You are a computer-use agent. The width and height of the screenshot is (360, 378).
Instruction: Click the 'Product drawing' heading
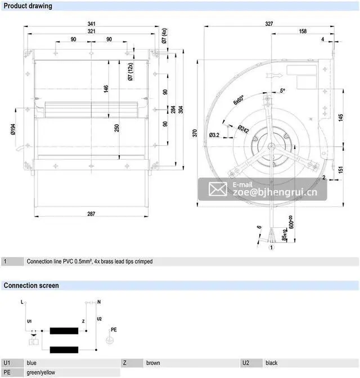pos(28,6)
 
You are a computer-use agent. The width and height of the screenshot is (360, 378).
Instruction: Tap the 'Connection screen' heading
pos(31,285)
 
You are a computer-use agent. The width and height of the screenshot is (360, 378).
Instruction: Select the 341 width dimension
pos(91,24)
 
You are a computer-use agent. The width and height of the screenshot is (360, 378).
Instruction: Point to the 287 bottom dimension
pos(91,214)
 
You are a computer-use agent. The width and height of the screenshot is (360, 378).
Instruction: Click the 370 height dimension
pos(195,134)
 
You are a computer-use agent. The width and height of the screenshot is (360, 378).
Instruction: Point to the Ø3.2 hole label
pos(214,135)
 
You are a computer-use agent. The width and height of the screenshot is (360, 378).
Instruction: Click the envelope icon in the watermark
pos(218,189)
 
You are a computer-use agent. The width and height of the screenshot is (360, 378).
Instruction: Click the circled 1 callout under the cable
pos(271,247)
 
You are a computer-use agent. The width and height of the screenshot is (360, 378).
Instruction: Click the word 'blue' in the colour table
pos(32,363)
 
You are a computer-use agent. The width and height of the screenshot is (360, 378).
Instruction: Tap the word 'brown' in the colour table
pos(153,363)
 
